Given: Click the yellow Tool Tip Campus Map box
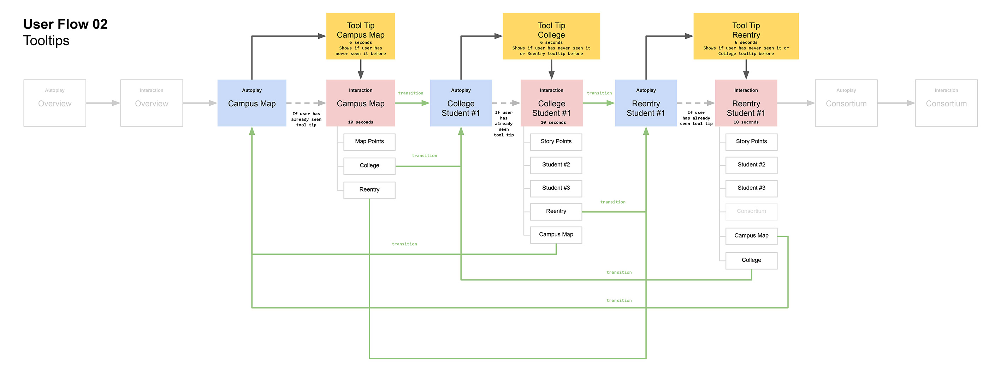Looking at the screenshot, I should click(360, 36).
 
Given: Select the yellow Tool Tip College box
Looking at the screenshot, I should click(551, 36).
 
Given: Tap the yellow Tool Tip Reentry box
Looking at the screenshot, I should click(746, 36).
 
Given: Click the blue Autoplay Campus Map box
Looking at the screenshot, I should click(251, 103).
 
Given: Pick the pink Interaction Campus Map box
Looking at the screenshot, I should click(360, 103).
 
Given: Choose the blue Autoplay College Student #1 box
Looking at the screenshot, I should click(460, 103).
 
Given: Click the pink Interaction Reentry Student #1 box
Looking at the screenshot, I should click(746, 103).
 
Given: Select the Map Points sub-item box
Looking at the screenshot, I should click(369, 142).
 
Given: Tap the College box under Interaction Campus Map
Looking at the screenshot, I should click(369, 166).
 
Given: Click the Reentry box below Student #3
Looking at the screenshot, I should click(556, 212).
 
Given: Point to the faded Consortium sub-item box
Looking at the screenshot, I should click(751, 212).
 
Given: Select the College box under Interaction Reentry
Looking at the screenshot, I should click(751, 260).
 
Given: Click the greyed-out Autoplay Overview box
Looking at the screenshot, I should click(54, 103).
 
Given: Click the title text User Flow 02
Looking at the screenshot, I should click(65, 24).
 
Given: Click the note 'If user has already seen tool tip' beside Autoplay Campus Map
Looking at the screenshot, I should click(306, 119).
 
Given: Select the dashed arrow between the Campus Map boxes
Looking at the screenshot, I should click(306, 103).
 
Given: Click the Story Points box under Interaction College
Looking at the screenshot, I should click(556, 142).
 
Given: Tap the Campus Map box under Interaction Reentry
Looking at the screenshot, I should click(751, 236).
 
